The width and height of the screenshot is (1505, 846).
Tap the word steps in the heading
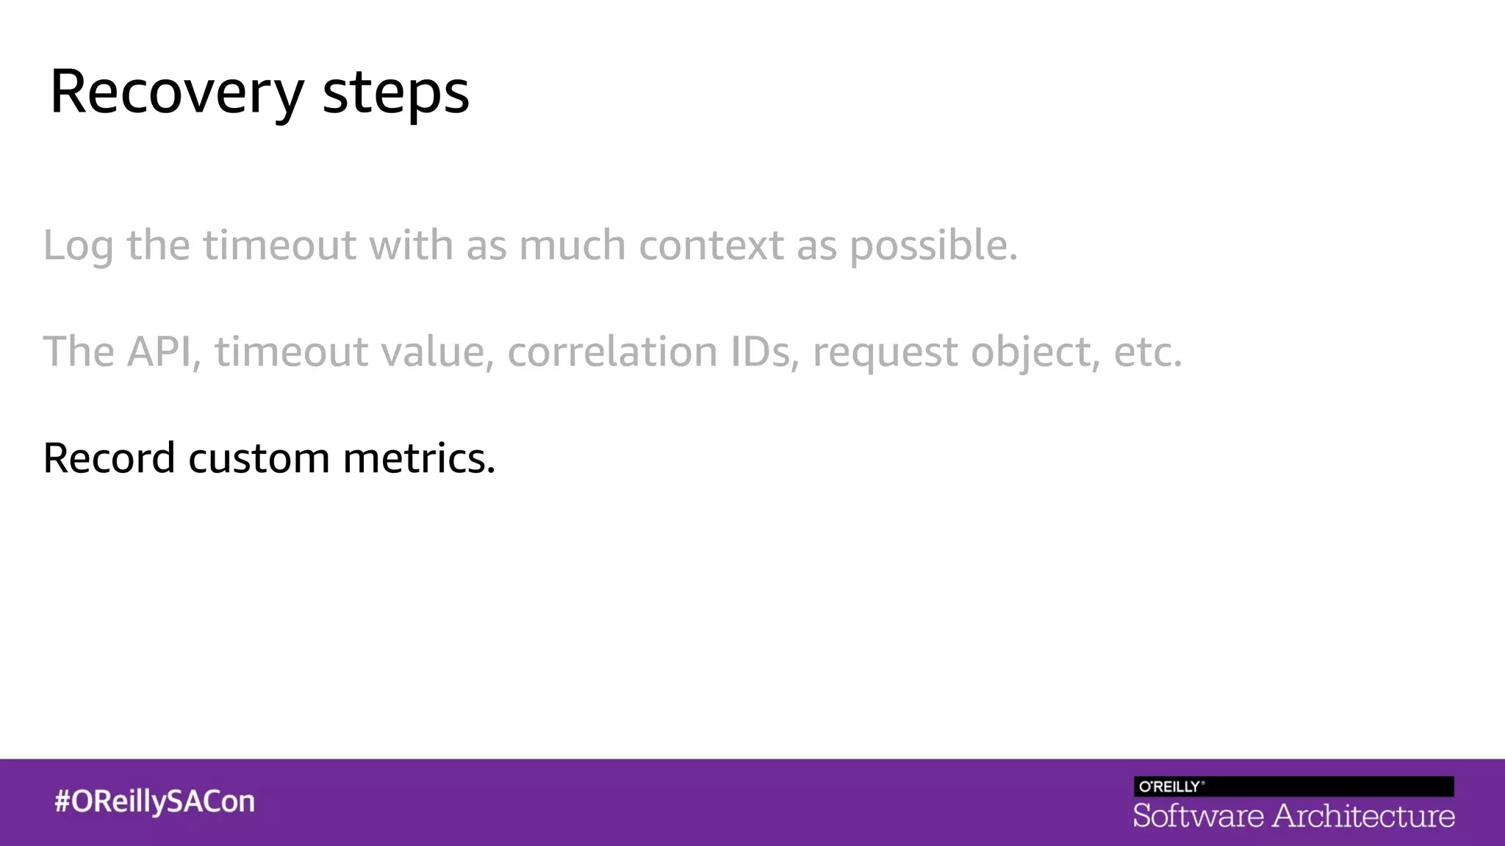coord(395,93)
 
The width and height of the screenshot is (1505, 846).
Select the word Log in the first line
coord(78,246)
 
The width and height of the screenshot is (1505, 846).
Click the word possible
coord(933,246)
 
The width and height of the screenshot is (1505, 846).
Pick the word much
coord(572,245)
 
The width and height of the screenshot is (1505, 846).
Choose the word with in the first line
coord(411,245)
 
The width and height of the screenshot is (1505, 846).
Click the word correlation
coord(612,351)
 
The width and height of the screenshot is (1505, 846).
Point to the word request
coord(885,352)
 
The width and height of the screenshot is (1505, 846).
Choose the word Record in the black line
coord(109,458)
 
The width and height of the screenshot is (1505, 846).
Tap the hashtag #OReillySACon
coord(154,801)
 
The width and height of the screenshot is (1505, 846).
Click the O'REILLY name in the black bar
coord(1171,787)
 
